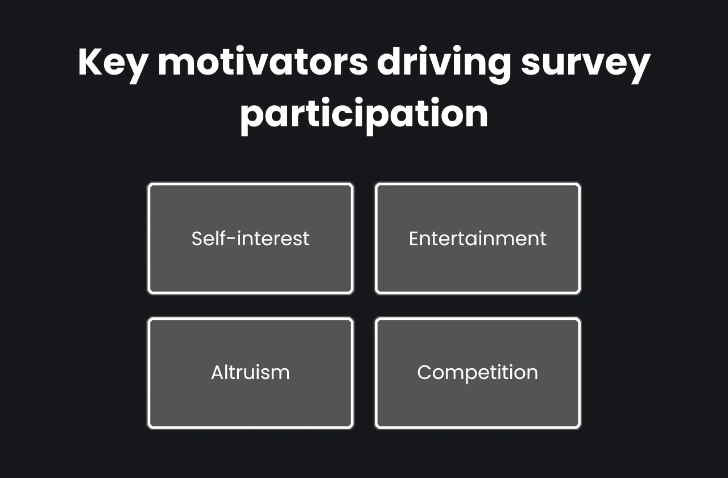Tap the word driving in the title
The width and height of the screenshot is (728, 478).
[x=444, y=63]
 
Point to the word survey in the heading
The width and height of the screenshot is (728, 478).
[x=585, y=64]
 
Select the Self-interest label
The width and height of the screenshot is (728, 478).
[x=250, y=238]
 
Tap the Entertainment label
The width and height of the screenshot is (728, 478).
[x=478, y=238]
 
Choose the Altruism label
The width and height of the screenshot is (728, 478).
[x=250, y=373]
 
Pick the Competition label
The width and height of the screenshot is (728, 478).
[x=478, y=373]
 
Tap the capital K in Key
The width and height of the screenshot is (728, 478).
[x=89, y=62]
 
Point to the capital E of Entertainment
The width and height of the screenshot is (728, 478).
[x=413, y=238]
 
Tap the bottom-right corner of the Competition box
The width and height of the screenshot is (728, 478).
[x=579, y=427]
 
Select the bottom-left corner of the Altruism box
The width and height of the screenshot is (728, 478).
[x=149, y=427]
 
